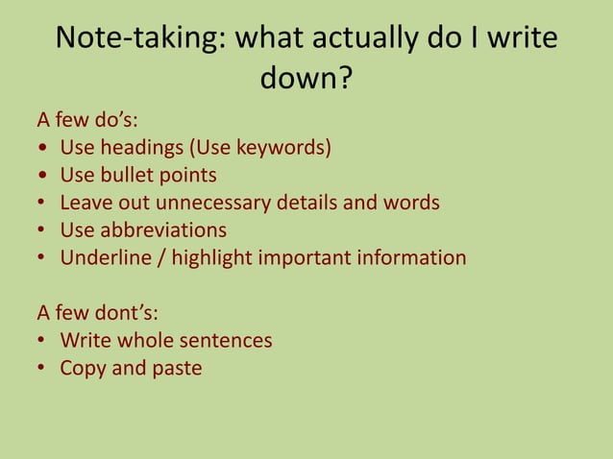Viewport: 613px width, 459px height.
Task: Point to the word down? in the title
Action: tap(306, 79)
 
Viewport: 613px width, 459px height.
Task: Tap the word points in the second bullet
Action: tap(186, 176)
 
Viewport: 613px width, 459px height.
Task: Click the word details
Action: tap(308, 204)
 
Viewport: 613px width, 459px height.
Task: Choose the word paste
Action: tap(177, 369)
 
